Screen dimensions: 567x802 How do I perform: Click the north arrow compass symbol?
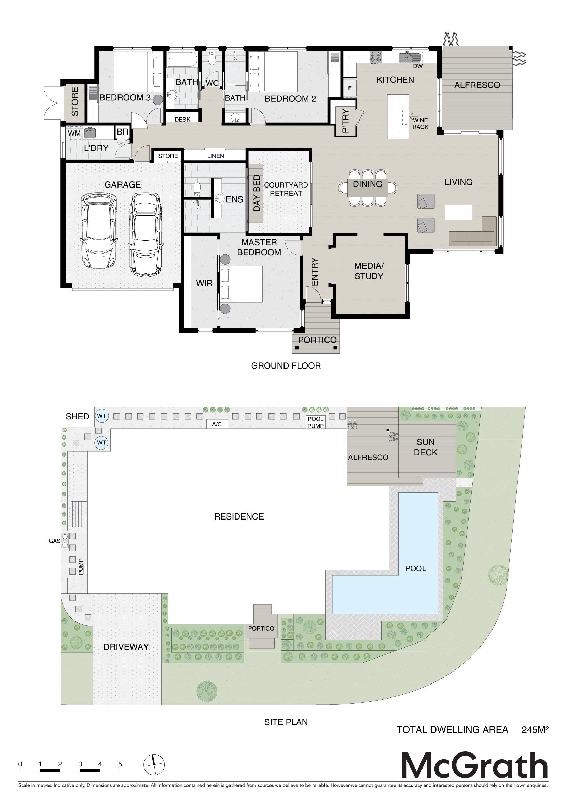153,764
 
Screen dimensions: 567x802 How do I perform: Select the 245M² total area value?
535,730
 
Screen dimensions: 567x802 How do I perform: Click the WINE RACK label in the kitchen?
420,123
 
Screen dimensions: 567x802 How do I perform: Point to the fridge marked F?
350,88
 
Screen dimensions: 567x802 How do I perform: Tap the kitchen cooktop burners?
376,57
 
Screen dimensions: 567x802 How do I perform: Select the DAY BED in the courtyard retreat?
256,193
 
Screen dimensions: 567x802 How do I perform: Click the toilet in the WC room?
211,59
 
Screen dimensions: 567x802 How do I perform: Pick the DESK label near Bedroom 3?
182,120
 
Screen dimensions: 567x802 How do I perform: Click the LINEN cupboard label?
216,156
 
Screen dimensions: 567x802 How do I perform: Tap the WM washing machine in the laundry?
74,133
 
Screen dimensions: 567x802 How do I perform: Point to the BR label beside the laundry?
123,132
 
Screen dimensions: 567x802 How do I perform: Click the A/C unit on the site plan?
217,424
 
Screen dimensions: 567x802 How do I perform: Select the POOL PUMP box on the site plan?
316,422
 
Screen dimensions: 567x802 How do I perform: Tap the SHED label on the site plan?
78,416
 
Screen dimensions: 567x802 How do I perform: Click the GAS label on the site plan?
55,541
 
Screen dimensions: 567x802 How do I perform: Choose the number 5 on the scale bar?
120,764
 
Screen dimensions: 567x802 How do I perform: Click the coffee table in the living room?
458,212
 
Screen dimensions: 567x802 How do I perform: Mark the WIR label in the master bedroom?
204,283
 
